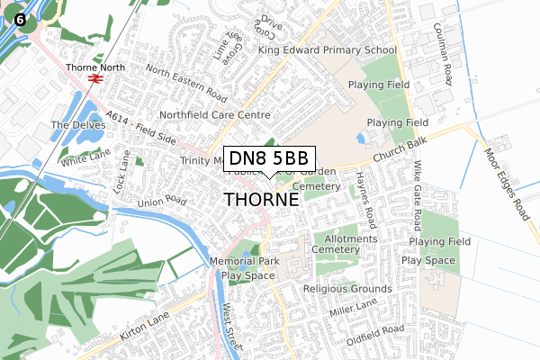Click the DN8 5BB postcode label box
[270, 158]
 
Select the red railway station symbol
[94, 78]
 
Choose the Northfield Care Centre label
[215, 115]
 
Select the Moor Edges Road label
[506, 184]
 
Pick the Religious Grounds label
[348, 289]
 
